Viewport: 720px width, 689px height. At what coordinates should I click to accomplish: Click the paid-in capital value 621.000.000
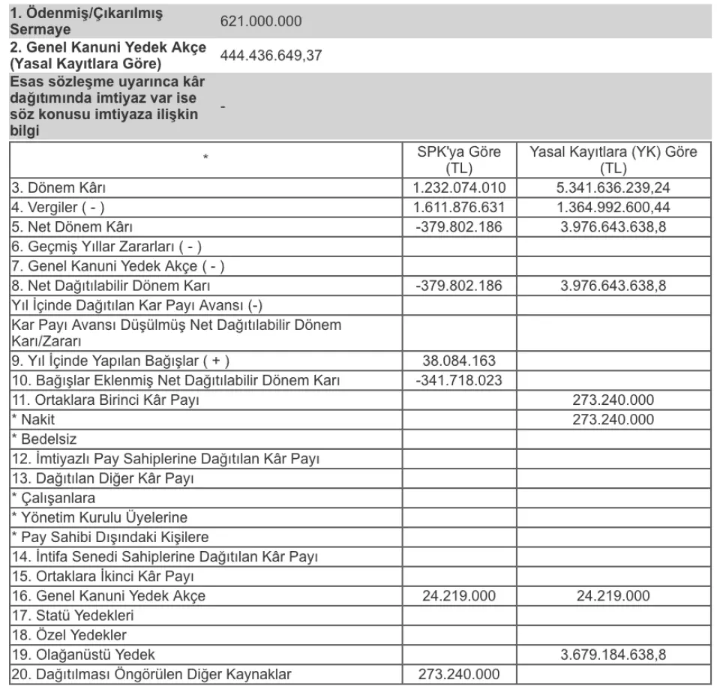tap(261, 21)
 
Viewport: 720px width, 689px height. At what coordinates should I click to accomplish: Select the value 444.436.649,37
tap(271, 55)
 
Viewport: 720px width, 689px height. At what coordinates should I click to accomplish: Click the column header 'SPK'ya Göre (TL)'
tap(458, 160)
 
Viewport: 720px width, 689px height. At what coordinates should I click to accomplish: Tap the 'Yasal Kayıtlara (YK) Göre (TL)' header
tap(613, 160)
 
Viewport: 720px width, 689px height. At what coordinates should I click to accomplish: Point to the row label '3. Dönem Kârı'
tap(64, 187)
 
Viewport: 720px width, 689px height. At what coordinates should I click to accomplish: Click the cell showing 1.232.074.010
tap(459, 187)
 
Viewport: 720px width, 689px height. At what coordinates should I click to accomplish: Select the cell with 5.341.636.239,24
tap(613, 187)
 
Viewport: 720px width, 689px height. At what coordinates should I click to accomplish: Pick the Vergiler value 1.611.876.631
tap(459, 207)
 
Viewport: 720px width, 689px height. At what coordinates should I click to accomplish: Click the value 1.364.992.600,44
tap(613, 207)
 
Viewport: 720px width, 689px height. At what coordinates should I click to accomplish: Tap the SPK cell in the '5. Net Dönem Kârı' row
tap(459, 226)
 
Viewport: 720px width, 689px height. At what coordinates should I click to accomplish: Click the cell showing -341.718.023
tap(459, 380)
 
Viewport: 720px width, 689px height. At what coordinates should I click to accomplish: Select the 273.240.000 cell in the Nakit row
tap(613, 419)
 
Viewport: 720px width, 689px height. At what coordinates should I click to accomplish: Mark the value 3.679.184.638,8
tap(613, 655)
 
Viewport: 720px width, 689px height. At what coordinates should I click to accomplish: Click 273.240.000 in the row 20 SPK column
tap(459, 674)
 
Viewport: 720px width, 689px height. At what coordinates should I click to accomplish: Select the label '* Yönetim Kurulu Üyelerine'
tap(99, 517)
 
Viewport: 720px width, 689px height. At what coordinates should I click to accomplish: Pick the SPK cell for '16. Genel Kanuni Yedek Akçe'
tap(459, 596)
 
